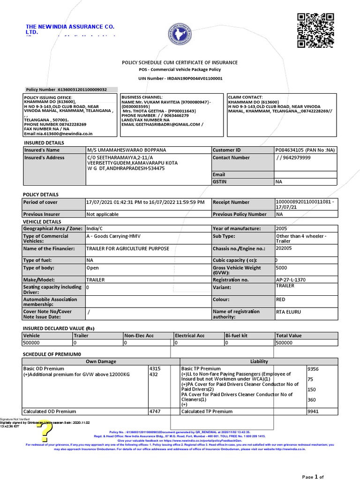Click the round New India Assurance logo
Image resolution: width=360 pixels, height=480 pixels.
click(x=180, y=36)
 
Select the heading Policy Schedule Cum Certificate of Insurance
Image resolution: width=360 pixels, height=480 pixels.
click(x=180, y=62)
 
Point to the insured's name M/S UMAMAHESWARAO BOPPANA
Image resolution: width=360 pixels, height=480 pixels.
click(x=127, y=150)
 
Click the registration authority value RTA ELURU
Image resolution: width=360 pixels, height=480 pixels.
click(x=289, y=312)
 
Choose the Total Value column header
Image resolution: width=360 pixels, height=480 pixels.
click(x=289, y=336)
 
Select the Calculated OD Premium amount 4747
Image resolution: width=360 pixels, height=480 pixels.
click(x=155, y=411)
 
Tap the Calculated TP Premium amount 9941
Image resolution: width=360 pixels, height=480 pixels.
click(x=313, y=411)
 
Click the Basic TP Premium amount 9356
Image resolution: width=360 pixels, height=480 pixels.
click(x=313, y=369)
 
